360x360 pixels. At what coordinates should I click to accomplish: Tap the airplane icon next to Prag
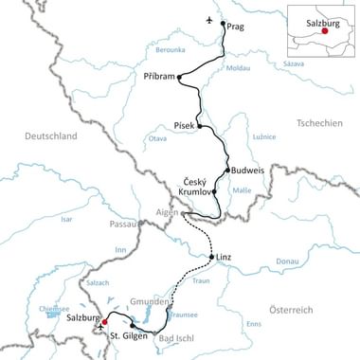[209, 20]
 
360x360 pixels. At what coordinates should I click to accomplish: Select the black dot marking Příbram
[180, 78]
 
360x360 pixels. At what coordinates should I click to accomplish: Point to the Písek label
[184, 123]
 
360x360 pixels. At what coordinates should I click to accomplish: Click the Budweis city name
[245, 172]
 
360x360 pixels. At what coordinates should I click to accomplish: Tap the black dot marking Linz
[212, 256]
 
